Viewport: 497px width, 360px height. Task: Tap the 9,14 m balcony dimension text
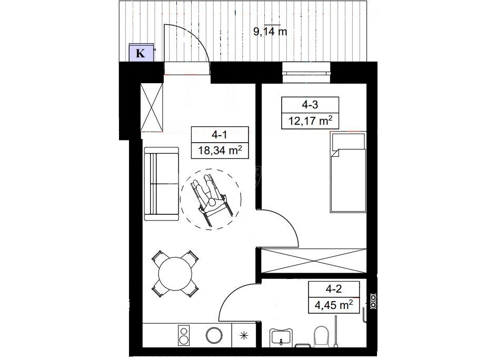pyautogui.click(x=270, y=32)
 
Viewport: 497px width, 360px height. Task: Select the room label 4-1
pyautogui.click(x=220, y=135)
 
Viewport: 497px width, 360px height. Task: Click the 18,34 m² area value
pyautogui.click(x=220, y=150)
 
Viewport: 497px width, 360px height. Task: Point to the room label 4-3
pyautogui.click(x=310, y=105)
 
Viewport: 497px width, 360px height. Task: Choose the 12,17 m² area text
pyautogui.click(x=310, y=121)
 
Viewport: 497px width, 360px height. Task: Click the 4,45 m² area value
pyautogui.click(x=334, y=305)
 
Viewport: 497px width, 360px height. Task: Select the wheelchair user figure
pyautogui.click(x=211, y=198)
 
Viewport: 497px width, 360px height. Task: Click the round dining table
pyautogui.click(x=175, y=274)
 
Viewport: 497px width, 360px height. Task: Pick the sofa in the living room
pyautogui.click(x=161, y=184)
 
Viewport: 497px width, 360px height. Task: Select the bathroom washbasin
pyautogui.click(x=281, y=336)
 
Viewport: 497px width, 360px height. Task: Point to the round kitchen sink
pyautogui.click(x=214, y=335)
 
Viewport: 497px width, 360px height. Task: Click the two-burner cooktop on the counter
pyautogui.click(x=184, y=335)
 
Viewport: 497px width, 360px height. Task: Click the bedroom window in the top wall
pyautogui.click(x=306, y=72)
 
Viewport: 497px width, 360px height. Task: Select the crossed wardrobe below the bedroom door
pyautogui.click(x=313, y=261)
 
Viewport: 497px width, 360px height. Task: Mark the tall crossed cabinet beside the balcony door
pyautogui.click(x=152, y=107)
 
